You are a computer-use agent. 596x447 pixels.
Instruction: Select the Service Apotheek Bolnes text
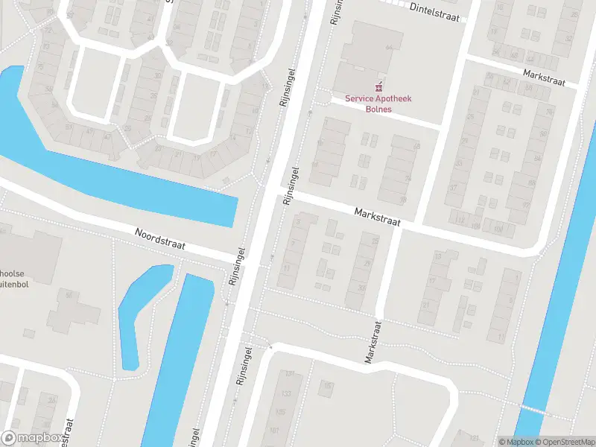(378, 104)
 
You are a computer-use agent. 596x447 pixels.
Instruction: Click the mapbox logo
(31, 438)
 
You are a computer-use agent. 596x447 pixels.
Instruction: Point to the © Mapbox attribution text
(515, 441)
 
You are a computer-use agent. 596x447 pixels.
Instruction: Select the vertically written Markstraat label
(372, 342)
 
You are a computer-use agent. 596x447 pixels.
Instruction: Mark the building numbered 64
(388, 48)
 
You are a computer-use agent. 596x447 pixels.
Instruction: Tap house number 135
(281, 411)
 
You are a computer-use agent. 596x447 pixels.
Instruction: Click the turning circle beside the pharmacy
(323, 98)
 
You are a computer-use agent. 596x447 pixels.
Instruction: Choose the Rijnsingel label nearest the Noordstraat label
(237, 266)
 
